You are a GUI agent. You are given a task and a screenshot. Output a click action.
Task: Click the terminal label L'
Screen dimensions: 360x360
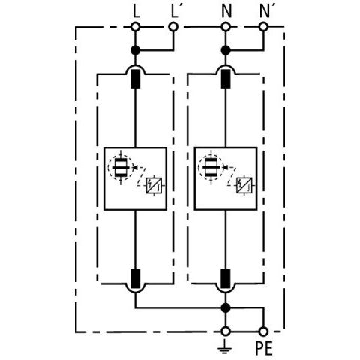point(175,12)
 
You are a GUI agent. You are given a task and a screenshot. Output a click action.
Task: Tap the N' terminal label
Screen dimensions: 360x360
point(265,12)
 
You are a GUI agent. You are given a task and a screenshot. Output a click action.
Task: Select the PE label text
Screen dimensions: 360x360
point(264,348)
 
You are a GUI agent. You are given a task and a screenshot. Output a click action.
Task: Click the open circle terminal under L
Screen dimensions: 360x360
point(136,26)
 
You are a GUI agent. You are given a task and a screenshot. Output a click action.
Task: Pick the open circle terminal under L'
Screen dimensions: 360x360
point(173,26)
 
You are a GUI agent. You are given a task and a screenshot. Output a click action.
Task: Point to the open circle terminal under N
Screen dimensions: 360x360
point(226,26)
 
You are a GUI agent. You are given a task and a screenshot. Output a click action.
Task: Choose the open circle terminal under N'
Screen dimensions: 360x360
point(263,26)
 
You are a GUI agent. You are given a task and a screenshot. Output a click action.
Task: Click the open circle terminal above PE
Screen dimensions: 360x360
point(263,331)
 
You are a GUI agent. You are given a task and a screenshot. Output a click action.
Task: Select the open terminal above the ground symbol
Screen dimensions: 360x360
point(226,331)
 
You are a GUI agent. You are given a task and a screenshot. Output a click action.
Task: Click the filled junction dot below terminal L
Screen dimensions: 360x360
point(136,50)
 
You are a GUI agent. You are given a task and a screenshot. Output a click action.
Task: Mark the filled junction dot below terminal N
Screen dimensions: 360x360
point(226,50)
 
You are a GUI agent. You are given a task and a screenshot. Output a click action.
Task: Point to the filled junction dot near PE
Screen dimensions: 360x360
point(226,307)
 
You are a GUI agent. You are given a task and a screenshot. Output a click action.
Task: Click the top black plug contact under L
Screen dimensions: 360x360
point(136,79)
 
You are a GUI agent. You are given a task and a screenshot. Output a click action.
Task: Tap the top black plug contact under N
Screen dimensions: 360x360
point(226,79)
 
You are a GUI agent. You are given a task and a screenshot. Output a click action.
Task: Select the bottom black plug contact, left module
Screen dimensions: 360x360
point(136,278)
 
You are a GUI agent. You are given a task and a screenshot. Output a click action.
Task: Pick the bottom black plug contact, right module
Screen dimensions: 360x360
point(226,278)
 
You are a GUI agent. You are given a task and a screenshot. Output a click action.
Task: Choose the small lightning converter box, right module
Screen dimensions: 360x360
point(244,185)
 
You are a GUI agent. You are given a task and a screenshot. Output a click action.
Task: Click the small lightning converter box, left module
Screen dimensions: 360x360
point(154,185)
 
